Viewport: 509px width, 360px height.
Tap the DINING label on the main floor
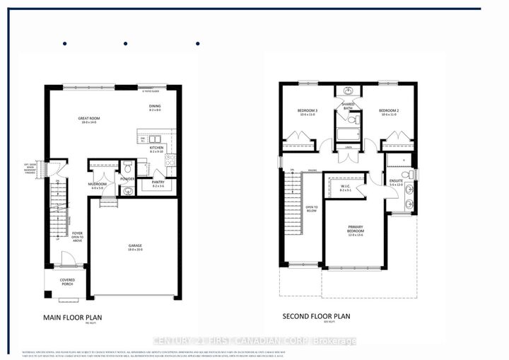click(x=155, y=108)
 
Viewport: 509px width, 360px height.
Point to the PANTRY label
click(x=158, y=183)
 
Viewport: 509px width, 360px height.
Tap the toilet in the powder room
click(x=128, y=168)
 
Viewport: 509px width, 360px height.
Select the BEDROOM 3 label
click(x=308, y=112)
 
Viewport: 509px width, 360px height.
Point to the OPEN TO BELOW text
click(x=312, y=209)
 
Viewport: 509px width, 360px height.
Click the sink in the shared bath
click(x=348, y=92)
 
